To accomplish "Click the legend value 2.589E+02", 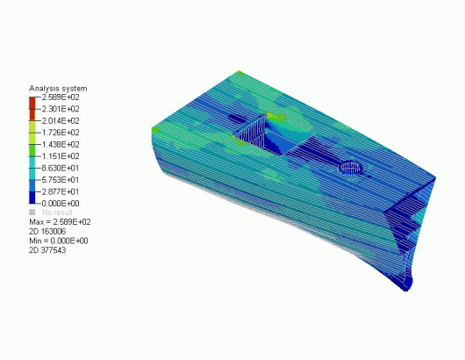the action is tap(61, 97).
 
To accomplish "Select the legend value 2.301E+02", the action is tap(61, 109).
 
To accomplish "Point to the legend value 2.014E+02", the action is tap(61, 121).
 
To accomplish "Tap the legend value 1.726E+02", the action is tap(61, 133).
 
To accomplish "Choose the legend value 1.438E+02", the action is tap(61, 145).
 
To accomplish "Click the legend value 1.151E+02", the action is tap(61, 156).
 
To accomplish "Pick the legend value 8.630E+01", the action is tap(61, 168).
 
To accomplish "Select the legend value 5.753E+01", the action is tap(61, 180).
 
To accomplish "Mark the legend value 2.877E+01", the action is tap(61, 191).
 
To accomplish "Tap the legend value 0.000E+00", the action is tap(61, 204).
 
